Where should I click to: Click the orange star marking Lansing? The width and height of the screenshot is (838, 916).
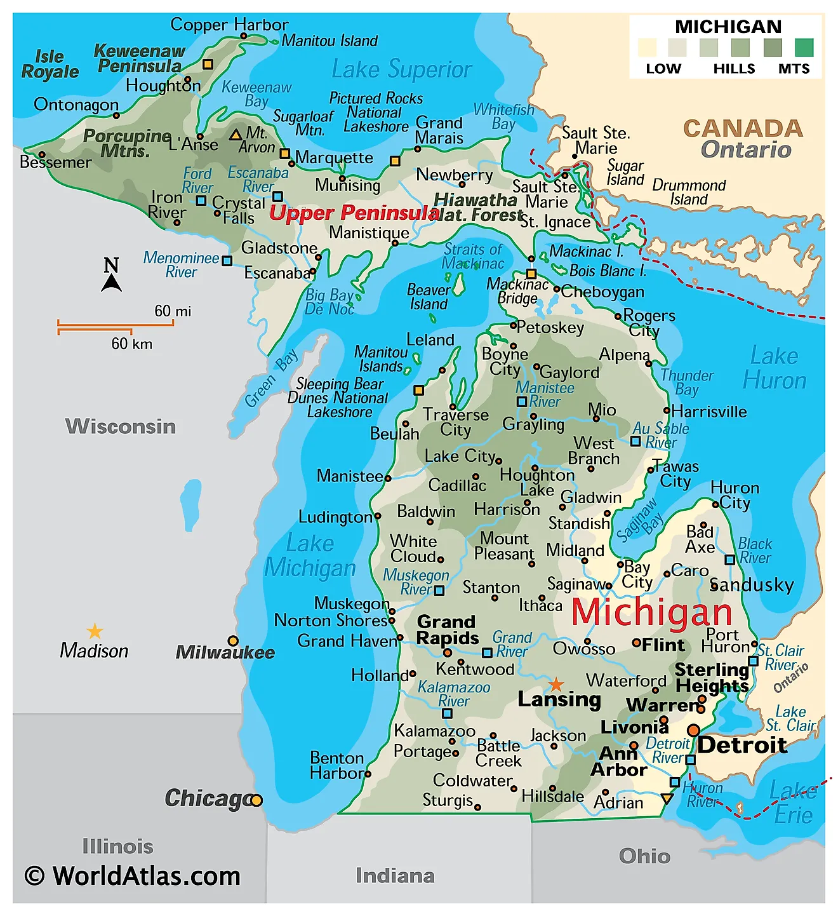[556, 684]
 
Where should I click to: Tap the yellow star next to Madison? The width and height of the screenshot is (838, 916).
[95, 631]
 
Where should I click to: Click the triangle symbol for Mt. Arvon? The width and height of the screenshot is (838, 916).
[236, 135]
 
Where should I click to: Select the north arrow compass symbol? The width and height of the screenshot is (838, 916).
[112, 274]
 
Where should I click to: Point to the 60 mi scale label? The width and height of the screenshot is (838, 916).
[173, 311]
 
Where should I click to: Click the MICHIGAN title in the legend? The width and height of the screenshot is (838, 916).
[728, 27]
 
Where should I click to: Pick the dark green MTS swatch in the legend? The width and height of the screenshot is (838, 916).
[804, 48]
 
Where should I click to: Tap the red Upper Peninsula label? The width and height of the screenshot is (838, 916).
[354, 213]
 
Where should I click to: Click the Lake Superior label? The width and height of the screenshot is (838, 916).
[402, 69]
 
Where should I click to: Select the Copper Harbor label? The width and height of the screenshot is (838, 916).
[229, 25]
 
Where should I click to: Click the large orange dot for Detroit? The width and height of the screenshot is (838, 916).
[694, 730]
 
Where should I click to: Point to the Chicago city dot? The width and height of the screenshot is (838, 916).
[256, 800]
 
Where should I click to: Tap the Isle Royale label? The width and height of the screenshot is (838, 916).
[50, 64]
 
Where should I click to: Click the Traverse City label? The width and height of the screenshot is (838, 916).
[456, 422]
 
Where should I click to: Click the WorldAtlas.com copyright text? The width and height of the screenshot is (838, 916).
[133, 876]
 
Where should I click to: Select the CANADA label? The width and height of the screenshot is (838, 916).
[743, 128]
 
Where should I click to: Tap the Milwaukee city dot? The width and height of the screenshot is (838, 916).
[233, 641]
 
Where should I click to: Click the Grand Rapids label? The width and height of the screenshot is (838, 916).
[448, 630]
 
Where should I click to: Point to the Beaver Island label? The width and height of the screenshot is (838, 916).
[429, 297]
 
